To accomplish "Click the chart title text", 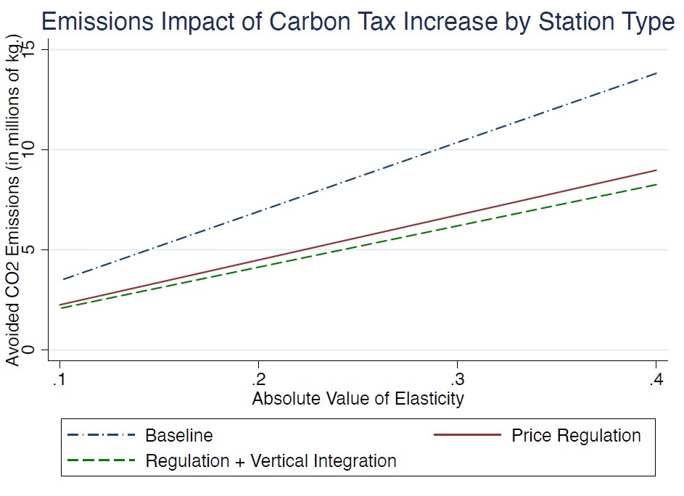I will click(x=358, y=21).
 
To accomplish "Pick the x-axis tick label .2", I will click(x=257, y=381).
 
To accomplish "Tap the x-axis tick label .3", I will click(x=456, y=381).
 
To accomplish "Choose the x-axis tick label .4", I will click(x=655, y=381).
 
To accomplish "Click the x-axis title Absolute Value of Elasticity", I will click(x=358, y=399).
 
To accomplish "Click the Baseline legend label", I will click(x=179, y=436).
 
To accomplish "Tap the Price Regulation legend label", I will click(x=576, y=436).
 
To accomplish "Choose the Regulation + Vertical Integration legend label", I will click(x=271, y=460).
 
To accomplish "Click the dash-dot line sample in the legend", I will click(x=101, y=436).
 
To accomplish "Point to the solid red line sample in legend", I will click(x=467, y=436).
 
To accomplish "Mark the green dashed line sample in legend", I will click(x=101, y=460).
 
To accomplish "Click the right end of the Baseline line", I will click(x=656, y=73).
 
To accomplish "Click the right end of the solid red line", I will click(x=656, y=170).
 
